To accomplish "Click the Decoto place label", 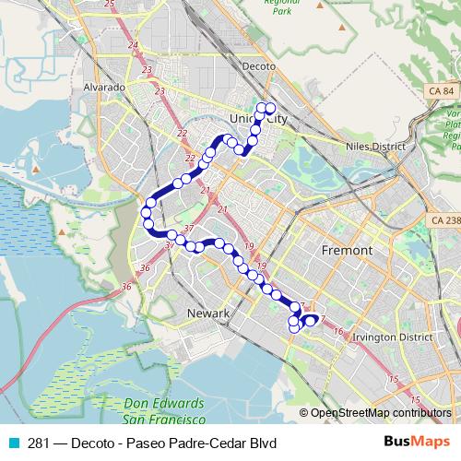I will point(258,66).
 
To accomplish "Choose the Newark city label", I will point(207,313).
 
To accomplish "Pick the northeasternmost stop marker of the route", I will point(271,108).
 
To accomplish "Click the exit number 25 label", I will point(110,5).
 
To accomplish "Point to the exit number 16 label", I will point(338,330).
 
